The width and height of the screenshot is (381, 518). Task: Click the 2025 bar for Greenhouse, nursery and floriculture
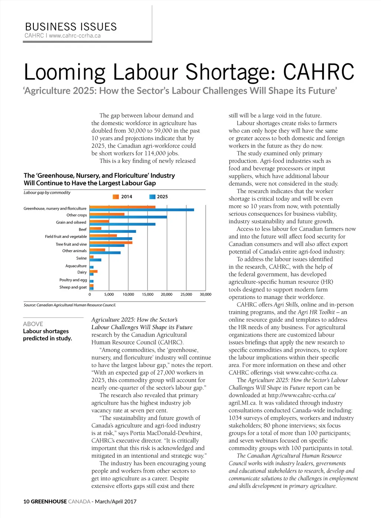[142, 210]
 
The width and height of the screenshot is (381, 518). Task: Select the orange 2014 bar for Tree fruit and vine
[111, 242]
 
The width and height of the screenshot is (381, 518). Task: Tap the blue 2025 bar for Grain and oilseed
[122, 224]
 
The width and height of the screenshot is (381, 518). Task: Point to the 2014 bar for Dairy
[93, 271]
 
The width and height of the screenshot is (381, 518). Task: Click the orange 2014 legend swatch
[116, 197]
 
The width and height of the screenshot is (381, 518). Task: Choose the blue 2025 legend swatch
[152, 197]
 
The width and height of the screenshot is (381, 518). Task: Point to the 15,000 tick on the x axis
[148, 295]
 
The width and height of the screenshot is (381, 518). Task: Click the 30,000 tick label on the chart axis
[205, 295]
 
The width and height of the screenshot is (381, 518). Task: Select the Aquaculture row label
[76, 266]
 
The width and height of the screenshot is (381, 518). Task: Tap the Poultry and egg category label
[73, 280]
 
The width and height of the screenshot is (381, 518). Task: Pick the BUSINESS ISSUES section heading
[71, 27]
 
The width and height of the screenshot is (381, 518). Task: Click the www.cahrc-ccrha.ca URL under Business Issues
[74, 36]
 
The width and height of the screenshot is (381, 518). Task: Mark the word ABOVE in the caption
[33, 324]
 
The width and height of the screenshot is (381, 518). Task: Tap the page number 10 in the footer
[26, 501]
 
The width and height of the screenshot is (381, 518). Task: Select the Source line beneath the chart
[70, 305]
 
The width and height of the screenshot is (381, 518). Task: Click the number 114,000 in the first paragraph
[155, 153]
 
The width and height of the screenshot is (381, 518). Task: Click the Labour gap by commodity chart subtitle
[47, 193]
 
